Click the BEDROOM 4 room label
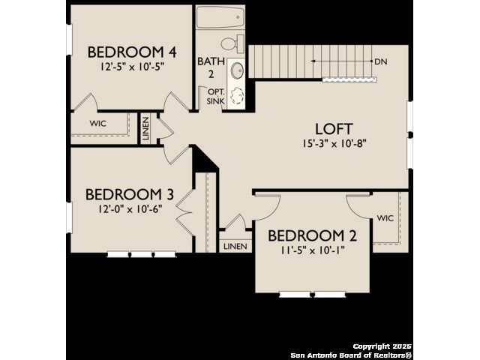(132, 52)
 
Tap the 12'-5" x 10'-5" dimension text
(132, 67)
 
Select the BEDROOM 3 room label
(130, 195)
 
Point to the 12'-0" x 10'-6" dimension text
(130, 209)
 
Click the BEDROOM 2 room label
(312, 236)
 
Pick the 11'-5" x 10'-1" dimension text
(312, 250)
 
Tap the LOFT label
(334, 129)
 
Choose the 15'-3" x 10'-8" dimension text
(334, 143)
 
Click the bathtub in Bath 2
(220, 17)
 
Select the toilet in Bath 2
(232, 43)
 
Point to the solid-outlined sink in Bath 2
(237, 70)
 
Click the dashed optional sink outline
(237, 96)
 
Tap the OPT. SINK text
(216, 96)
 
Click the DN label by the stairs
(381, 61)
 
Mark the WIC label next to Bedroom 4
(98, 123)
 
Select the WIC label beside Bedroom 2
(385, 218)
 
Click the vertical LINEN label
(146, 128)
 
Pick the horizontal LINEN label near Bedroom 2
(235, 246)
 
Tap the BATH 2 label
(211, 67)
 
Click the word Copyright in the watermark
(372, 346)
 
